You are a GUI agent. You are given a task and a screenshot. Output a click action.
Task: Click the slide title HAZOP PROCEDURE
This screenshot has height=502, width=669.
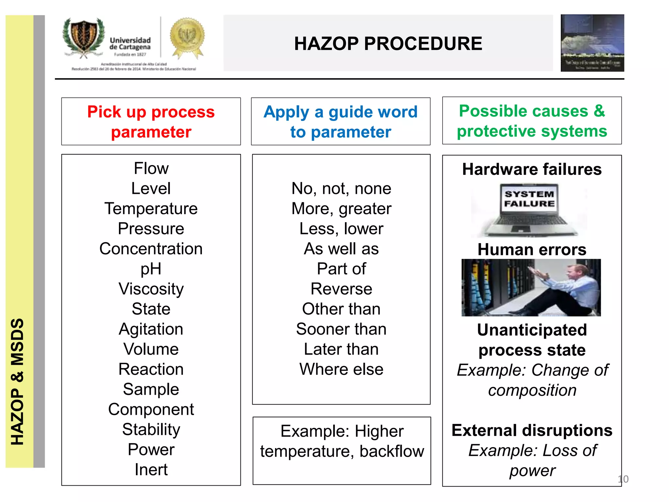(388, 43)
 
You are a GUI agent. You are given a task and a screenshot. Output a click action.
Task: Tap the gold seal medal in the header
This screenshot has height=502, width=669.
(187, 37)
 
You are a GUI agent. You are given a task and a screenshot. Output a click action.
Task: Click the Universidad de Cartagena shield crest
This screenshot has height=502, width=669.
(84, 37)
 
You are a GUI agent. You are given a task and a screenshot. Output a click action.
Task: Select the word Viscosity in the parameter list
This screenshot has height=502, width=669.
(151, 289)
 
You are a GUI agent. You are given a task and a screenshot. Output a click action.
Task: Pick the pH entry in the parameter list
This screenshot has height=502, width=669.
(151, 269)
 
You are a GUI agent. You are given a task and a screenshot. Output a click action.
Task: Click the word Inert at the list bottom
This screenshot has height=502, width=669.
(151, 470)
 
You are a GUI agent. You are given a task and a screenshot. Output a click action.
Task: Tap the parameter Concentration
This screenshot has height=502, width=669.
(151, 249)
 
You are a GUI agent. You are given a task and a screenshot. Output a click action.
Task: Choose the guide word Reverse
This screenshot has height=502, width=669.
(341, 289)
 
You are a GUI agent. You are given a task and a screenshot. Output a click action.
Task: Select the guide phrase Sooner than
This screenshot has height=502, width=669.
(341, 329)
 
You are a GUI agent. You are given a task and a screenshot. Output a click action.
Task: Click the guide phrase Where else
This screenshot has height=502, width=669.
(341, 369)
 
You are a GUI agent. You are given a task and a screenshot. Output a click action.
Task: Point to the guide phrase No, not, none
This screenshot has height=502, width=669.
(341, 189)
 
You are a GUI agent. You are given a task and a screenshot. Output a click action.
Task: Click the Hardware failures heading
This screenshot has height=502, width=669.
(532, 169)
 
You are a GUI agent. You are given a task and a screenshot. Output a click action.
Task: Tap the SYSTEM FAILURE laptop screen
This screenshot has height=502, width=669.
(529, 199)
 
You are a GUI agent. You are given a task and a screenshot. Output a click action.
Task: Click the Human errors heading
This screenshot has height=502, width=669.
(532, 250)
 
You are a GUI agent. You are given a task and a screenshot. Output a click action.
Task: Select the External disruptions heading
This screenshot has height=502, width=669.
(532, 430)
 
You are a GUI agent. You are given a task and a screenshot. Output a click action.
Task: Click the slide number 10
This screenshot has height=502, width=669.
(623, 479)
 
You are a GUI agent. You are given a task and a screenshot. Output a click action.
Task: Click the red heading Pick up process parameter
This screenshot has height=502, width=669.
(151, 122)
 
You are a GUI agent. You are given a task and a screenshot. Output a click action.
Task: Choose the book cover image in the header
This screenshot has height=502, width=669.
(592, 43)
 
